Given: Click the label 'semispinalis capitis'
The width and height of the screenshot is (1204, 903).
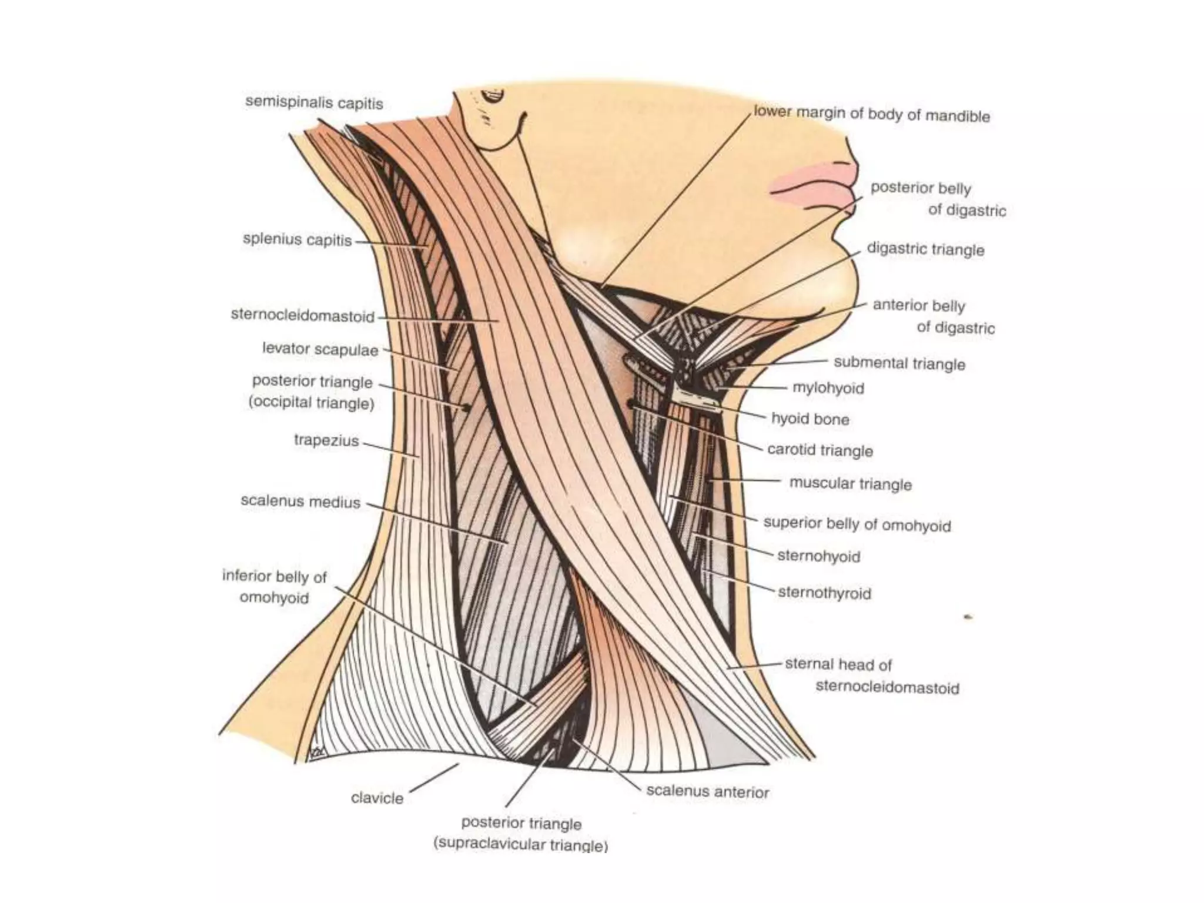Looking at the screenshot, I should click(x=314, y=103).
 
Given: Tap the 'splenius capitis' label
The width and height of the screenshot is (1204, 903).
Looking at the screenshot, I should click(x=297, y=240).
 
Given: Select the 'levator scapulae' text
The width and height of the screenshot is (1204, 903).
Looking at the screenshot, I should click(x=320, y=349).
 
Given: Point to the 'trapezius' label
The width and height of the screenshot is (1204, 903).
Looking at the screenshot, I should click(x=326, y=440).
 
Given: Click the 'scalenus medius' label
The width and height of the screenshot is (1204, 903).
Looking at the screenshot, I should click(x=300, y=501).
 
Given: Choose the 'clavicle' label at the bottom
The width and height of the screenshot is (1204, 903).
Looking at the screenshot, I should click(x=377, y=798).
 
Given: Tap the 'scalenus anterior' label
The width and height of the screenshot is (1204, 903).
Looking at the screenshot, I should click(x=707, y=792).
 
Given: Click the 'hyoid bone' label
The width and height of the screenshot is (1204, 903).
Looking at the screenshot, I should click(x=810, y=419).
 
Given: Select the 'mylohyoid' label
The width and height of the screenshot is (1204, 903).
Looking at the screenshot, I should click(x=828, y=388).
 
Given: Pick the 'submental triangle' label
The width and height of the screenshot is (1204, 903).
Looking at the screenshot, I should click(x=899, y=363).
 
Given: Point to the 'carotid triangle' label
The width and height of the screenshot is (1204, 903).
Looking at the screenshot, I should click(x=820, y=450).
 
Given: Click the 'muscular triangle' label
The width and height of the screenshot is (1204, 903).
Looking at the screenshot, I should click(x=850, y=484).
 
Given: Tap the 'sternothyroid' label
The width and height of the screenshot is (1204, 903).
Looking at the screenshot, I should click(x=824, y=593).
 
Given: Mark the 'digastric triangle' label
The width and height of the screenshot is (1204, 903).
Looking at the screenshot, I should click(x=925, y=249).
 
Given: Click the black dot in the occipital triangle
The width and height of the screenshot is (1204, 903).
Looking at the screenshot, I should click(x=467, y=407).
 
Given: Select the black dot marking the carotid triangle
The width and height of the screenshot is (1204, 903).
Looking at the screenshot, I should click(x=631, y=403).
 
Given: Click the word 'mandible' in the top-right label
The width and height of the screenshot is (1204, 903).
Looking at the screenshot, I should click(x=958, y=116).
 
